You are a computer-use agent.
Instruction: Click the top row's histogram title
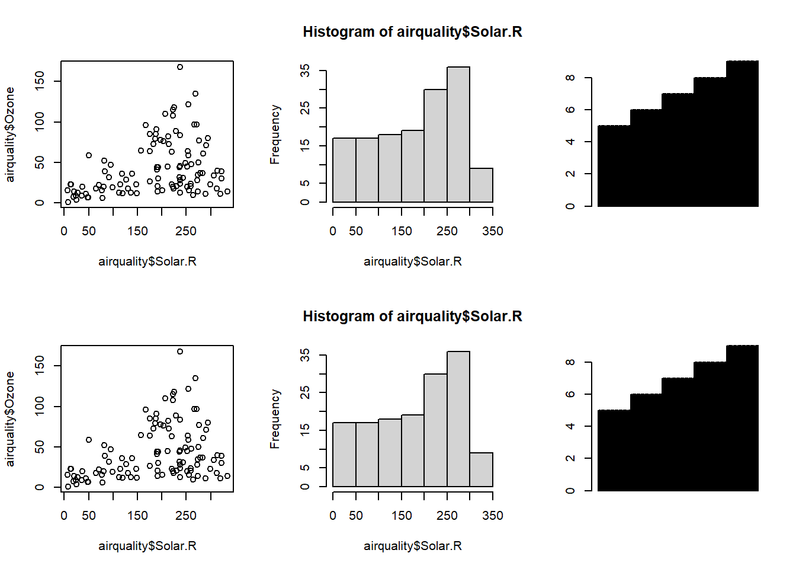point(412,32)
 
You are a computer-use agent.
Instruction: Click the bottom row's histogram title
point(412,317)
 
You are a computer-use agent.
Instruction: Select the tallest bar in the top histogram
point(458,135)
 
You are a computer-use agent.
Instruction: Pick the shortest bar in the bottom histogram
point(481,469)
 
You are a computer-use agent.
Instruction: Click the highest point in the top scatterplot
point(180,67)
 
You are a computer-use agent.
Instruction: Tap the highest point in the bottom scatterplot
point(180,351)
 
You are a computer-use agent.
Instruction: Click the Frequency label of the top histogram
point(275,135)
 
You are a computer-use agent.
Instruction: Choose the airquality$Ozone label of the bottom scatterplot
point(10,419)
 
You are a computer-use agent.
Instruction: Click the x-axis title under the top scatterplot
point(147,261)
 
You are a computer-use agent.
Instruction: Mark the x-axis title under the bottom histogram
point(412,546)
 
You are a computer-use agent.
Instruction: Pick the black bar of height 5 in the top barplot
point(614,166)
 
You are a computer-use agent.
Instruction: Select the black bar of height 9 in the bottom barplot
point(742,418)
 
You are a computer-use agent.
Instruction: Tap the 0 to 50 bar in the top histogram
point(344,170)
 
